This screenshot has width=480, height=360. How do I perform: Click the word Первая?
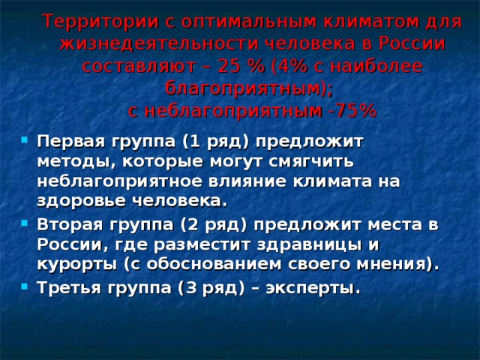coord(67,142)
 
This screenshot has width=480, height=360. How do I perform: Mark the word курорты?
coord(70,265)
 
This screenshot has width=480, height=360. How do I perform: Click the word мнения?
coord(395,265)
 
